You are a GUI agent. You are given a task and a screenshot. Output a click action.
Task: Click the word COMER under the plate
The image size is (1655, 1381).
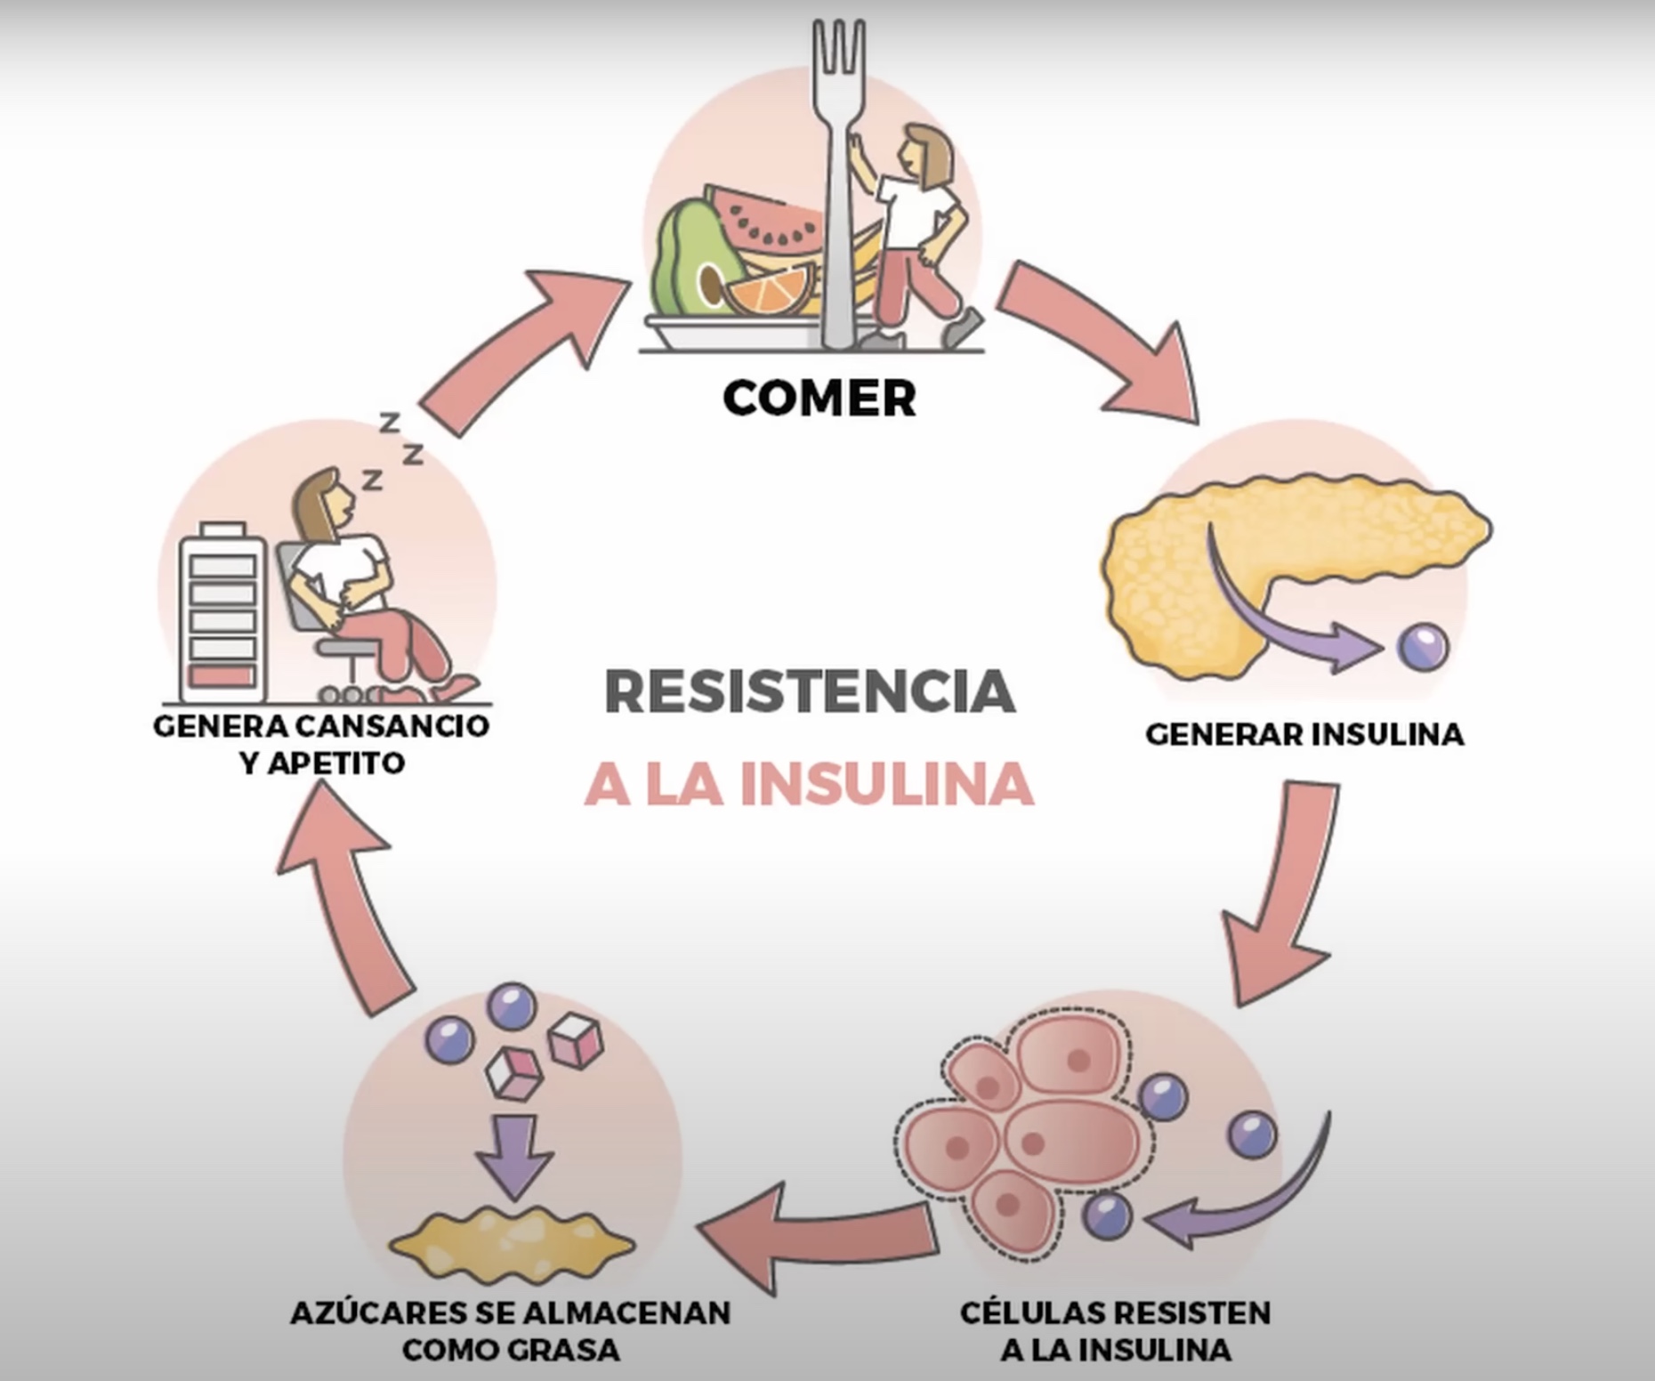(x=819, y=398)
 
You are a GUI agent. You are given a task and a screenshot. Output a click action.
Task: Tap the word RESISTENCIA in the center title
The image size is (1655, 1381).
(x=810, y=692)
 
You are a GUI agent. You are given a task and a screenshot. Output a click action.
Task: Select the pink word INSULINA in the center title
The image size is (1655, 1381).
(x=886, y=785)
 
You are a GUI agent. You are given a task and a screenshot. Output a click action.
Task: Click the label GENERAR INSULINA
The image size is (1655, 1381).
(x=1304, y=735)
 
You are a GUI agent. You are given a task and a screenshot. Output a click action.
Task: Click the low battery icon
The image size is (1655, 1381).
(x=222, y=614)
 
